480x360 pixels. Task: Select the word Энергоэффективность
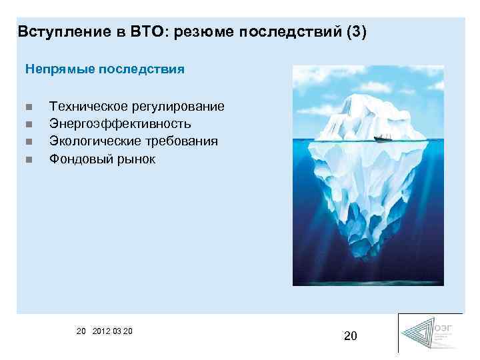[x=120, y=124]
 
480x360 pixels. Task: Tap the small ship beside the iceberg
[x=382, y=139]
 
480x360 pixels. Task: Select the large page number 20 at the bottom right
[x=351, y=336]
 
